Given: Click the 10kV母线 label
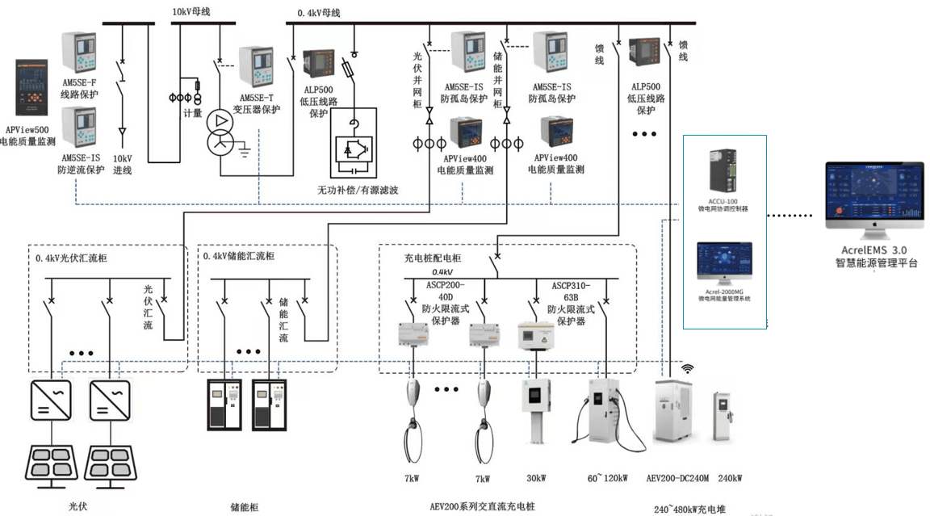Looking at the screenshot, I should coord(194,12).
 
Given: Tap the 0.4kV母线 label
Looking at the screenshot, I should coord(319,13).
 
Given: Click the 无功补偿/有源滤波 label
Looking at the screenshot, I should coord(358,191).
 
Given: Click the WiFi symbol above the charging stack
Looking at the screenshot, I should coord(688,369).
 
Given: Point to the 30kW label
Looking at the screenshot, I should coord(536,479).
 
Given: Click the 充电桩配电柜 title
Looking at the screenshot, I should coord(433,258).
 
